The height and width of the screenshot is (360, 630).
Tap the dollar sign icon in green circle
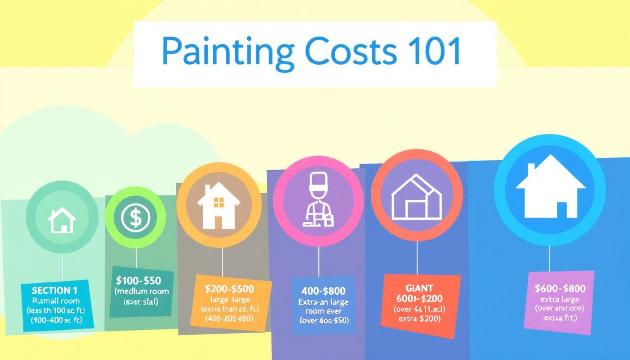(x=135, y=217)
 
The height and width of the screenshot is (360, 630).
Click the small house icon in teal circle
(x=62, y=220)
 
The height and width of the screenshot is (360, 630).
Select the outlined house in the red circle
(x=416, y=197)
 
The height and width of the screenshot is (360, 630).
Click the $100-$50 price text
(x=138, y=281)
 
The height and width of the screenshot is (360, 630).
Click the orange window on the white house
(x=219, y=202)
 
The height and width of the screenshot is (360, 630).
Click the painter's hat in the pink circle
(x=319, y=180)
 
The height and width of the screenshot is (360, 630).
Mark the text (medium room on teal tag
(x=142, y=292)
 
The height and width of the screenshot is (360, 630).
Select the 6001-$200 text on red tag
(x=420, y=299)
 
